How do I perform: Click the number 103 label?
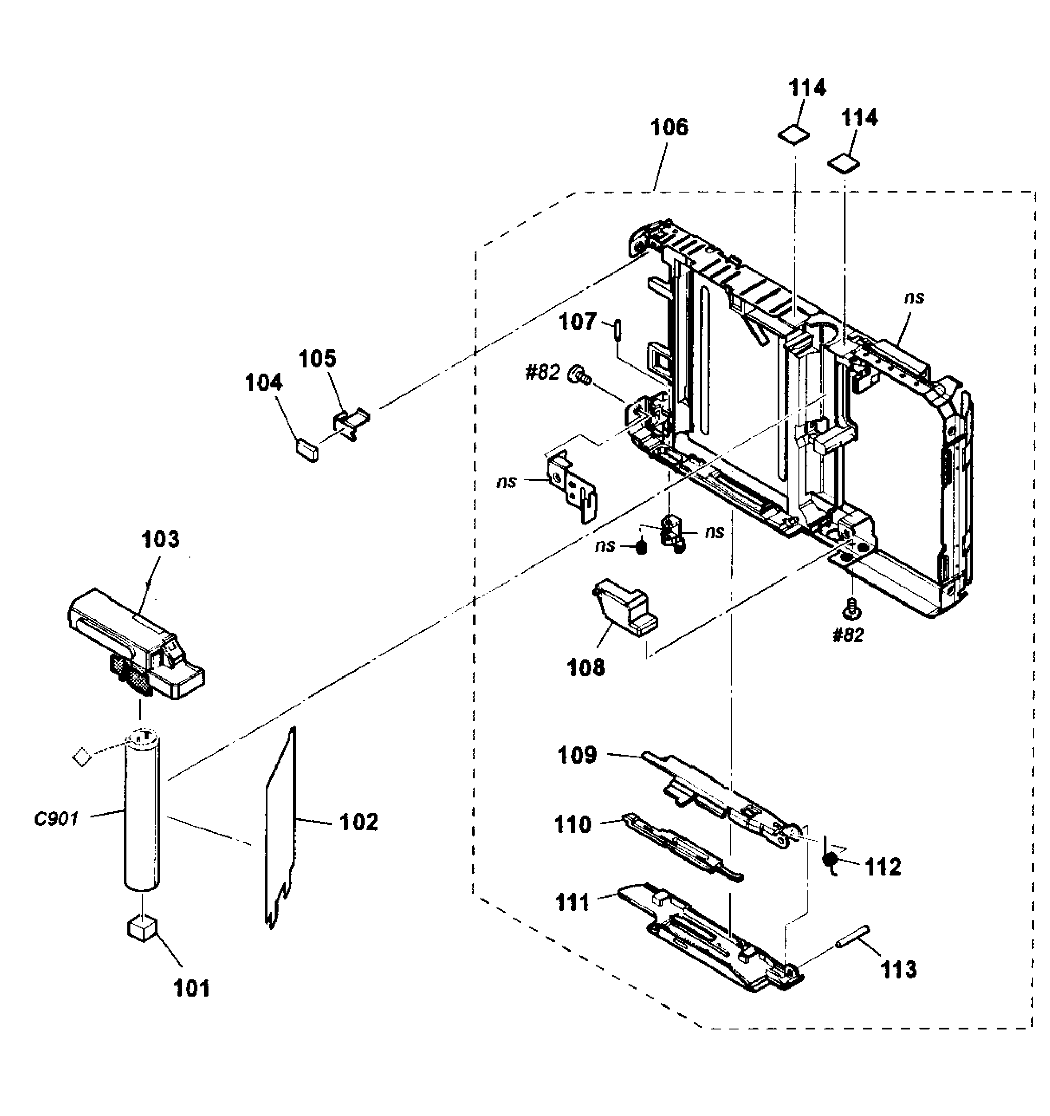click(161, 540)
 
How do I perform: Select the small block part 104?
click(307, 449)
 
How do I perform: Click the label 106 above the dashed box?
click(669, 127)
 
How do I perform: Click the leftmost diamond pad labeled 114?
click(794, 134)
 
